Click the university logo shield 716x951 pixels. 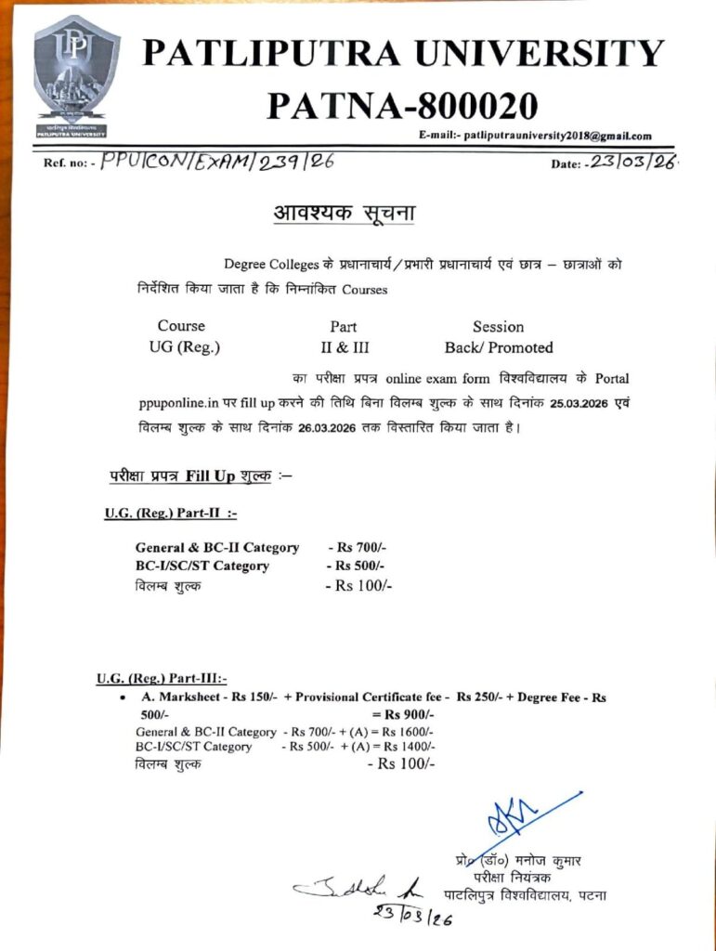point(76,74)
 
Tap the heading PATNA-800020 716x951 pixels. point(402,105)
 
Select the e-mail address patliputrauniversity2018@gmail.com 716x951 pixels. point(556,136)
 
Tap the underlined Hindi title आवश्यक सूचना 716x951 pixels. point(344,214)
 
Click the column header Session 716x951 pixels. point(498,327)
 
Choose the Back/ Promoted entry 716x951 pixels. point(499,347)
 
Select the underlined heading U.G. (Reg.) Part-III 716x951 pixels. point(161,678)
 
